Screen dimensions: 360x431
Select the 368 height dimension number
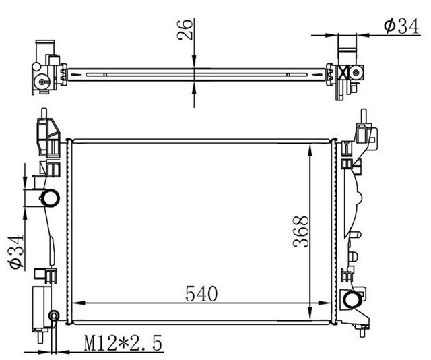pyautogui.click(x=300, y=232)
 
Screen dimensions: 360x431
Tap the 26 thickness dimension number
pyautogui.click(x=187, y=30)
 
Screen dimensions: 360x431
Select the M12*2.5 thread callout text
pyautogui.click(x=123, y=344)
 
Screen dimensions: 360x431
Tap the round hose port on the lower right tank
pyautogui.click(x=351, y=299)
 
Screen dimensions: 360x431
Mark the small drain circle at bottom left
pyautogui.click(x=55, y=316)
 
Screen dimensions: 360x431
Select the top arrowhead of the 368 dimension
pyautogui.click(x=309, y=146)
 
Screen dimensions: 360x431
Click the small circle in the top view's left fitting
pyautogui.click(x=42, y=82)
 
